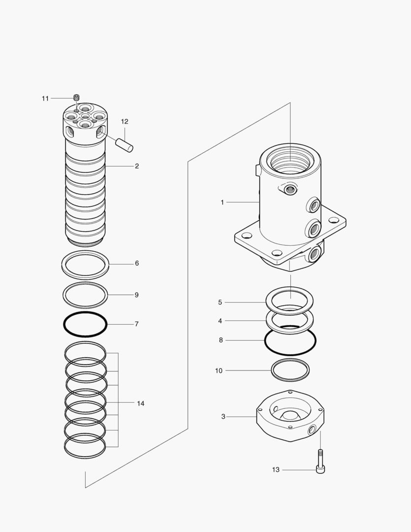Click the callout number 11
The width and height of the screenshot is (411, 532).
[x=45, y=99]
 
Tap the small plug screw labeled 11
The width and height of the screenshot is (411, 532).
[x=76, y=98]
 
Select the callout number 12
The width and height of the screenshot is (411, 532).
[x=125, y=121]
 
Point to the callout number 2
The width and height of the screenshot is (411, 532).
[x=137, y=166]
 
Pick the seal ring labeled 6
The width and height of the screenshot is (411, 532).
[x=86, y=271]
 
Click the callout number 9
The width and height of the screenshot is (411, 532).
[x=137, y=295]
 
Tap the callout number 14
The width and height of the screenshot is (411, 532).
[x=141, y=403]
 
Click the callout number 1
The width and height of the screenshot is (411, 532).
[x=222, y=202]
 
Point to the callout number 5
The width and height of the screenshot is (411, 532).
[x=220, y=302]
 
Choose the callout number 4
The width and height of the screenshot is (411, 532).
[x=220, y=321]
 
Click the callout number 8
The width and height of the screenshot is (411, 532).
[x=220, y=340]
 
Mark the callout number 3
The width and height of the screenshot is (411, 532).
[x=223, y=417]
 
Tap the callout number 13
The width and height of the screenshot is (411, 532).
[x=276, y=470]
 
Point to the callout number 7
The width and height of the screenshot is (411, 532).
[x=137, y=324]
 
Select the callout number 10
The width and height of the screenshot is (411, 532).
[x=219, y=370]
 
